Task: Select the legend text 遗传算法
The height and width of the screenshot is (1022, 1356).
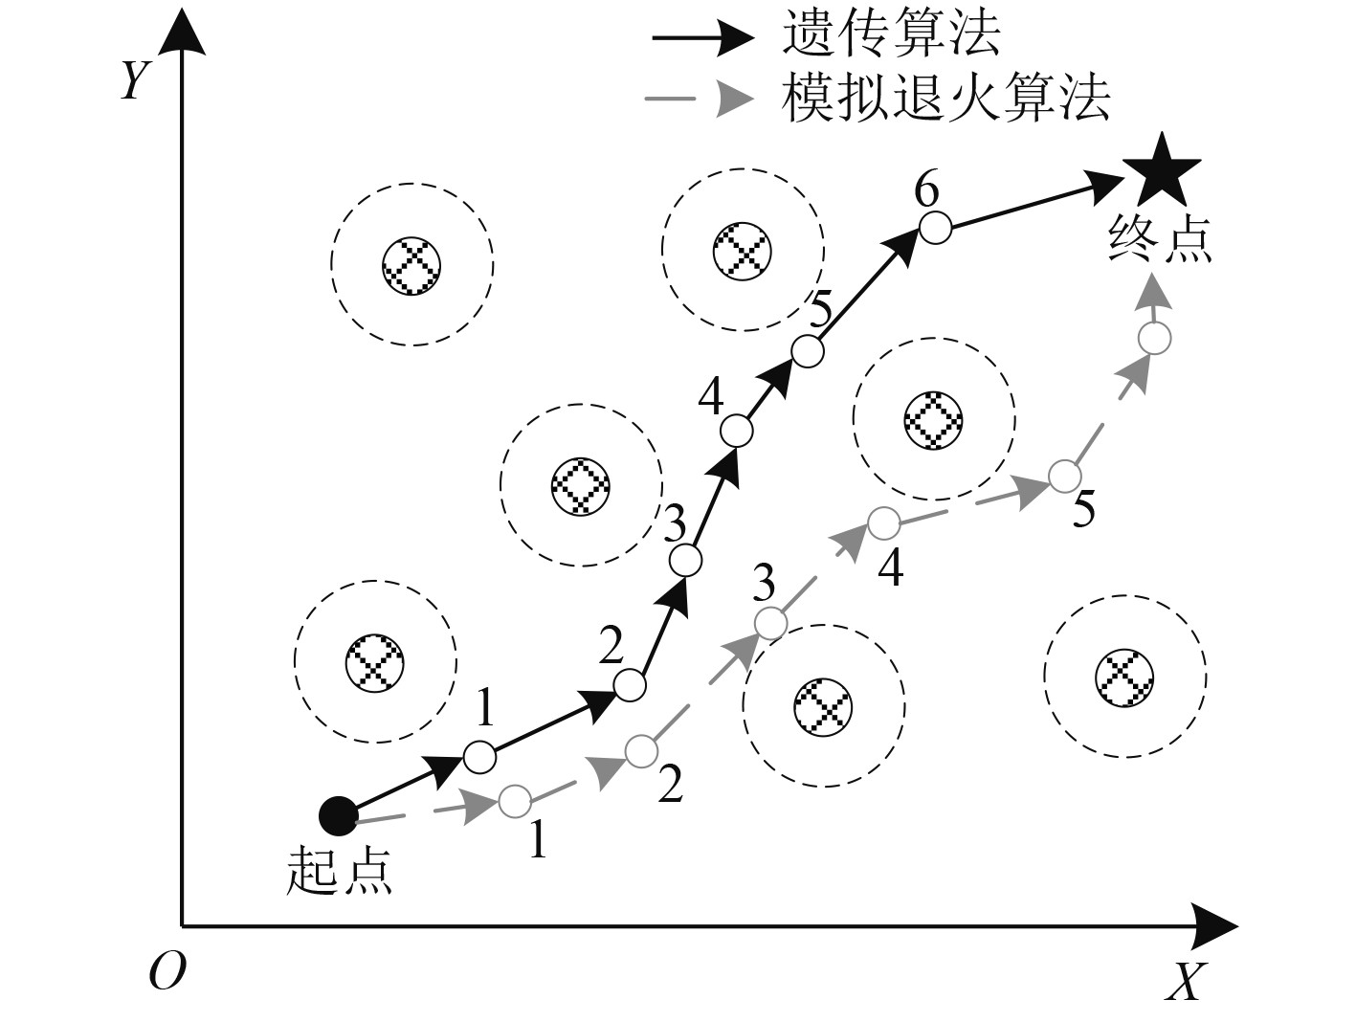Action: tap(891, 35)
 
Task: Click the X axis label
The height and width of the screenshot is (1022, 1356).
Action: tap(1184, 982)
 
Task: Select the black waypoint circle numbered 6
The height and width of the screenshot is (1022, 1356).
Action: tap(935, 228)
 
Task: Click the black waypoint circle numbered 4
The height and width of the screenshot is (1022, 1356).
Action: tap(736, 431)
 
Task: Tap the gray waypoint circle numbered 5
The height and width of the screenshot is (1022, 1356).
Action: tap(1064, 475)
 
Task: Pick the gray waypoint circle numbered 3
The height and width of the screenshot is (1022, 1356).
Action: tap(770, 623)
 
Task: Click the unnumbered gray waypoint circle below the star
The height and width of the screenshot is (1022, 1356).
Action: tap(1155, 338)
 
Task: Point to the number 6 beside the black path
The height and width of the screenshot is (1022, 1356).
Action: tap(925, 190)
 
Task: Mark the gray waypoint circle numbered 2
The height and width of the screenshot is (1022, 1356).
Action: tap(641, 750)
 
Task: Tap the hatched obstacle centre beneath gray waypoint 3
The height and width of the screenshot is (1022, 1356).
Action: tap(823, 705)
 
